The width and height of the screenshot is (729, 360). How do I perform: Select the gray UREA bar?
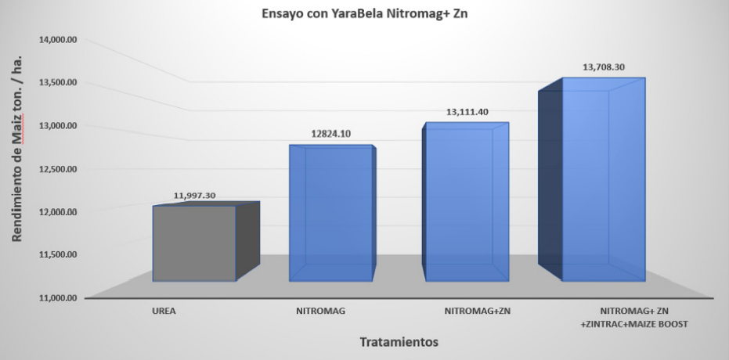194,243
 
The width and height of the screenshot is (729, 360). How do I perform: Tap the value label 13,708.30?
604,67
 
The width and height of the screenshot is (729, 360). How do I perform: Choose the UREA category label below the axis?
164,311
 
